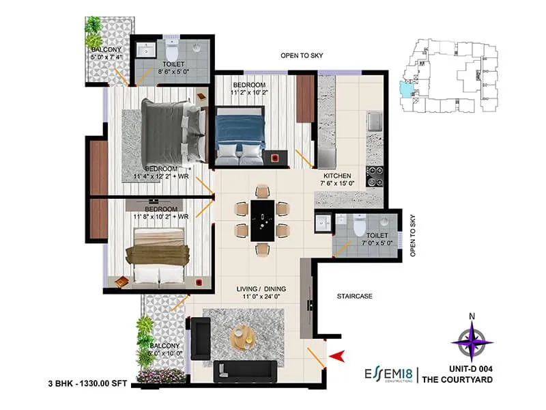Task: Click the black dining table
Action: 262,219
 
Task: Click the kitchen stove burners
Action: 375,176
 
